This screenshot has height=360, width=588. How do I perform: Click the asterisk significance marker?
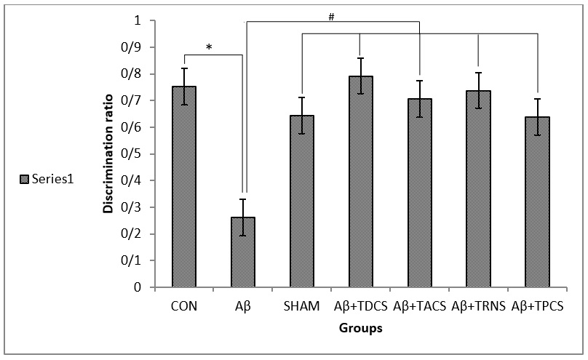click(x=209, y=48)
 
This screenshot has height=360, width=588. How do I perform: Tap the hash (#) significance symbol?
click(x=331, y=16)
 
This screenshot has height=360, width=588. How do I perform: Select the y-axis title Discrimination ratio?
click(x=107, y=154)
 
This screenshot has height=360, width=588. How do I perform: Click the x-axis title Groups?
click(x=361, y=328)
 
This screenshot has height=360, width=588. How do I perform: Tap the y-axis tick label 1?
click(x=135, y=20)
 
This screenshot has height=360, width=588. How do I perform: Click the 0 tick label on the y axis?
click(x=135, y=287)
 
